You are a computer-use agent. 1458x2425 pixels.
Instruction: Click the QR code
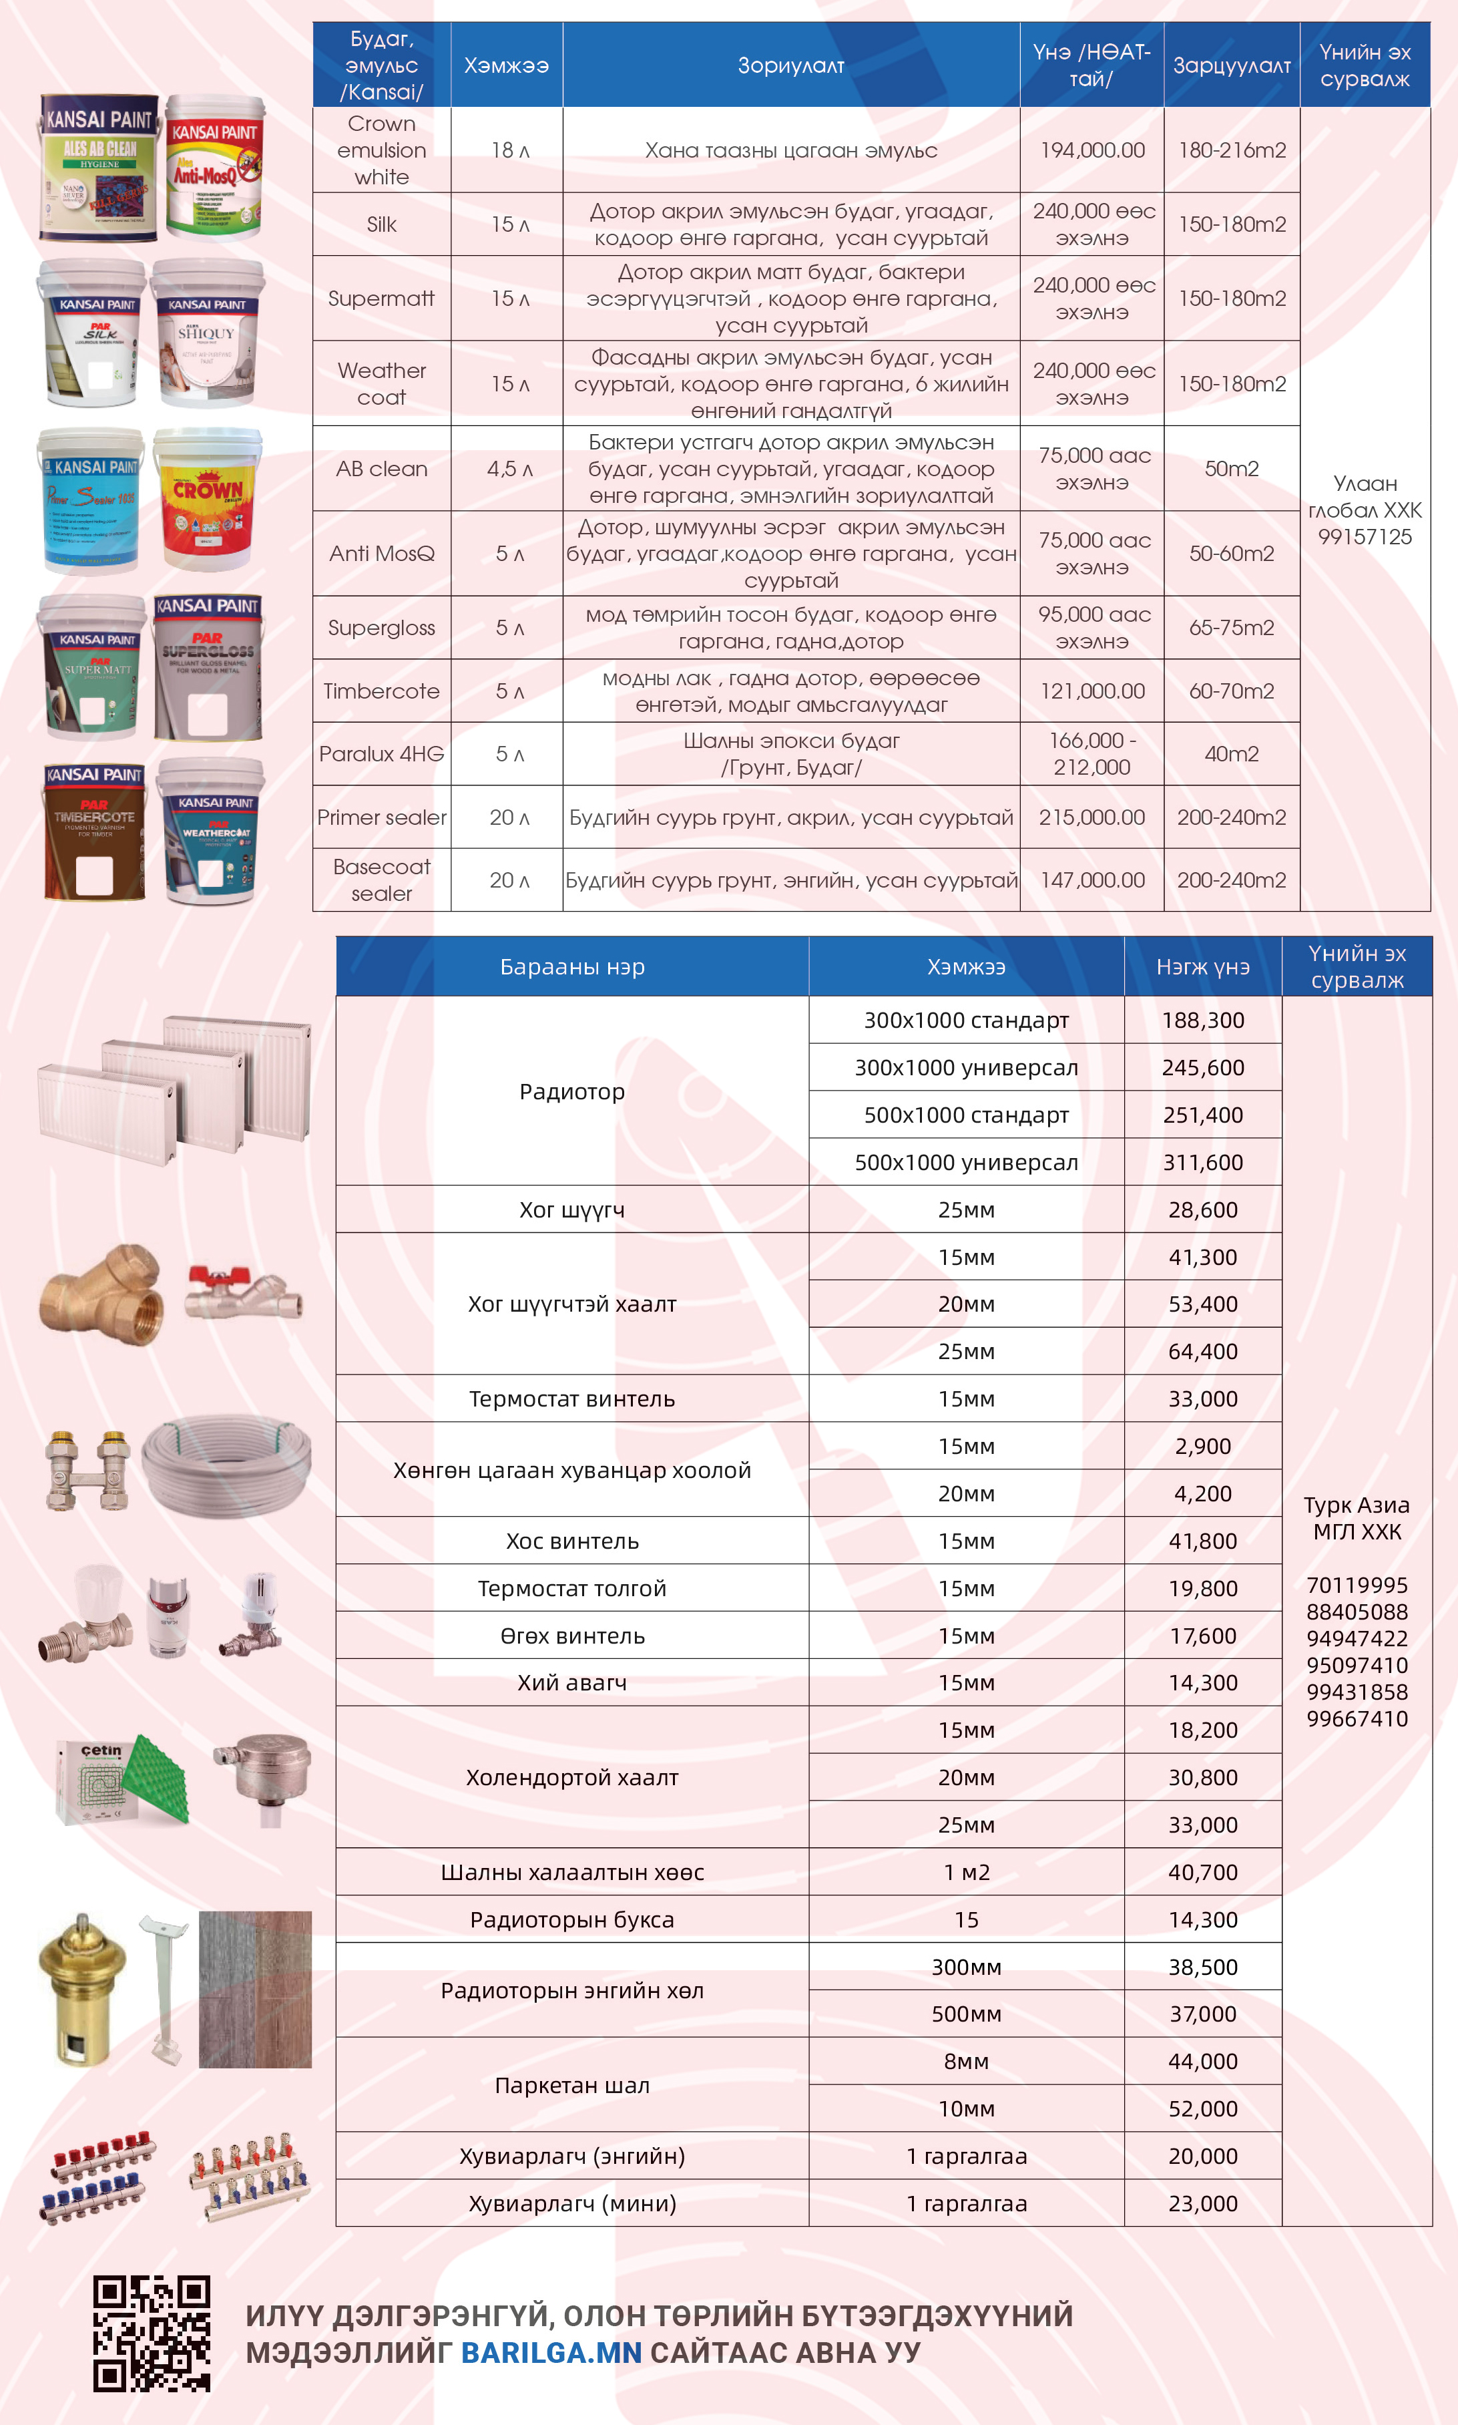pos(152,2333)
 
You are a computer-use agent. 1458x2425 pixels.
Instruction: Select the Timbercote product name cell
pos(381,691)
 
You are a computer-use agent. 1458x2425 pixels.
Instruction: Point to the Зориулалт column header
pos(791,66)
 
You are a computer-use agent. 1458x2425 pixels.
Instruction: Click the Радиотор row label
pos(572,1092)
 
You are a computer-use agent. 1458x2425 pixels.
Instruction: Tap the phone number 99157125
pos(1365,536)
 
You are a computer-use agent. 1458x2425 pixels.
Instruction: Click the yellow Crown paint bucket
pos(208,500)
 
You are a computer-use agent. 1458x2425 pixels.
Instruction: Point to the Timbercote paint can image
pos(94,832)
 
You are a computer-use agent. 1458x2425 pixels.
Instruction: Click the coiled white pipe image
pos(227,1469)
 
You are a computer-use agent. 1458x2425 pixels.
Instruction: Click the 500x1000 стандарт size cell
pos(966,1115)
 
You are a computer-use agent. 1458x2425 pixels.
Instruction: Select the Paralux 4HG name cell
pos(381,753)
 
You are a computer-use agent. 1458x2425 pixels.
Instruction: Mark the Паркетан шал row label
pos(572,2085)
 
